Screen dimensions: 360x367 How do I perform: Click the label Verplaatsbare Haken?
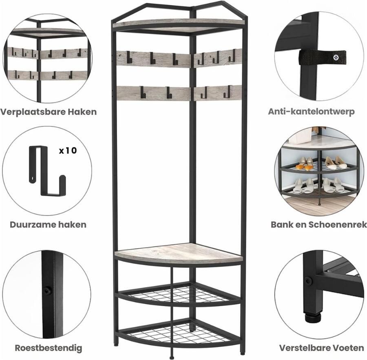[x=49, y=112]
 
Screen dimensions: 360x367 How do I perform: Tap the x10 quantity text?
[x=67, y=150]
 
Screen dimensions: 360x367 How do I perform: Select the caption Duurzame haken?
[x=49, y=224]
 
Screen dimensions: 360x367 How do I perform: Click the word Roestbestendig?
[x=49, y=348]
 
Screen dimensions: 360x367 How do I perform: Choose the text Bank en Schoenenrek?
[x=318, y=224]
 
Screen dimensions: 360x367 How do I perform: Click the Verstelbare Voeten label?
[x=321, y=348]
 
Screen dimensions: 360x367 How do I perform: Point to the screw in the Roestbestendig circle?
[x=48, y=290]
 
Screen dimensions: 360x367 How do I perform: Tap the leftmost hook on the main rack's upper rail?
[x=128, y=57]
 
